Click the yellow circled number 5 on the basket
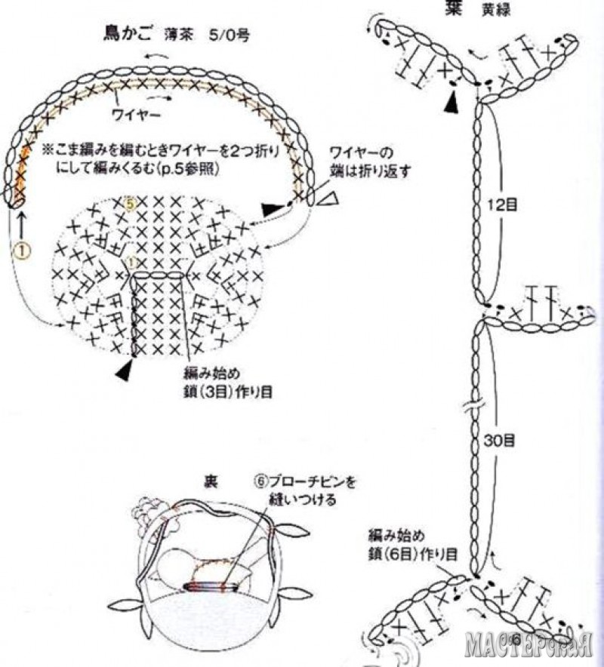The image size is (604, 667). click(x=129, y=204)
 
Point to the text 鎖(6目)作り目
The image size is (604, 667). click(x=413, y=553)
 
